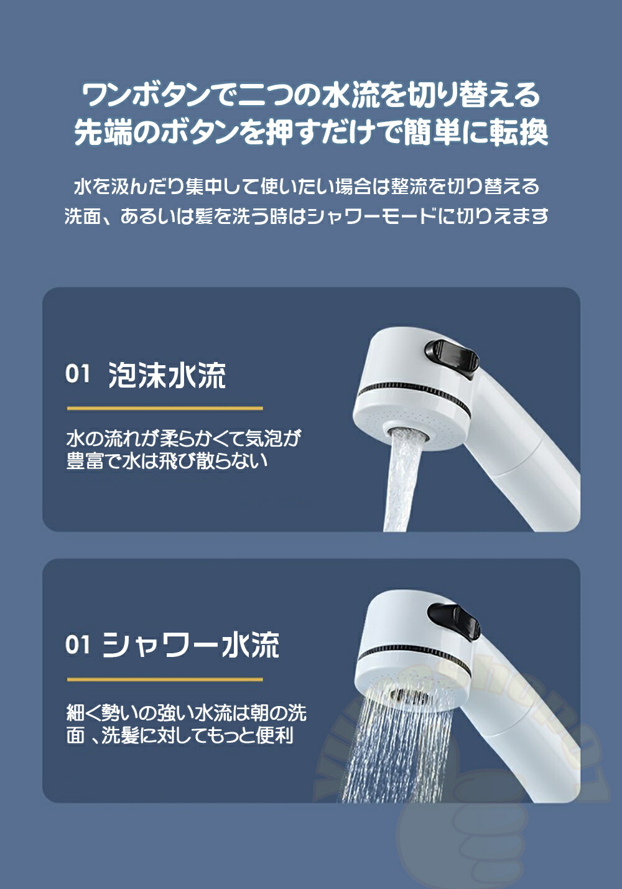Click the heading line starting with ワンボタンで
coord(311,95)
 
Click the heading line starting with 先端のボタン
coord(311,132)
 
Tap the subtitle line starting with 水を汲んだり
coord(307,187)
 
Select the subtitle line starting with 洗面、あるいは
coord(307,216)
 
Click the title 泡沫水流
coord(167,375)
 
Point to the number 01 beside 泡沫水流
coord(77,374)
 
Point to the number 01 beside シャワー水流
coord(77,645)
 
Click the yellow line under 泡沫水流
coord(165,408)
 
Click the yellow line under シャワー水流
coord(165,679)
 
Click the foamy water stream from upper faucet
coord(402,481)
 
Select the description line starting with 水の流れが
coord(183,438)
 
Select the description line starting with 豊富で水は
coord(167,460)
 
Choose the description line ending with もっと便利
coord(180,735)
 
